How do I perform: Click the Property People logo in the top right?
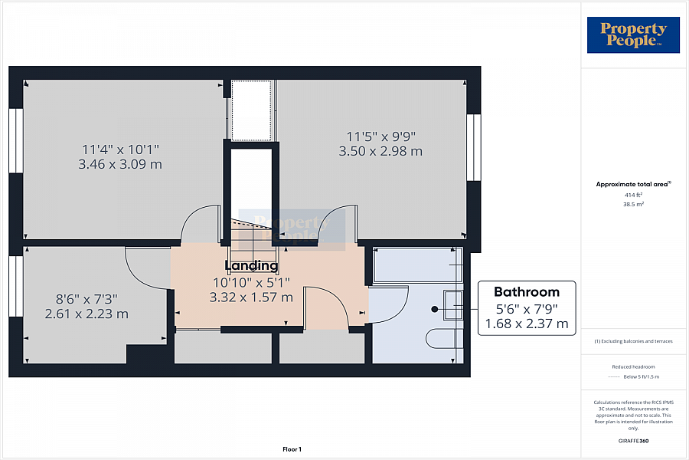tap(633, 35)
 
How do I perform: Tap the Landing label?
tap(251, 266)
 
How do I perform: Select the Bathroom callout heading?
tap(526, 292)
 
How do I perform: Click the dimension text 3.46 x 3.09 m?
tap(120, 164)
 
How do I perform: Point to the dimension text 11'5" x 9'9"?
tap(380, 136)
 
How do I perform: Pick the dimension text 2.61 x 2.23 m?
tap(87, 314)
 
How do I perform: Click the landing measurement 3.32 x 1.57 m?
tap(251, 297)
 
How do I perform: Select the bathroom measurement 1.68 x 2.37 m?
tap(526, 324)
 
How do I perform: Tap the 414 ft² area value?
tap(633, 195)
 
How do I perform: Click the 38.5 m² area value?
tap(633, 205)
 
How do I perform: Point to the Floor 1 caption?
tap(291, 449)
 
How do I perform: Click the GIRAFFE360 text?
tap(633, 441)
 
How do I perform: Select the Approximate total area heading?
tap(633, 184)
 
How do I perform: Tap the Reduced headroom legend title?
tap(633, 366)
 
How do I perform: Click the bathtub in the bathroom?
tap(413, 264)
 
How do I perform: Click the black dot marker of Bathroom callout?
tap(435, 309)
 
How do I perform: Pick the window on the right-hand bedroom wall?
tap(474, 147)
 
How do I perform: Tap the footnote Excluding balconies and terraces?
tap(633, 340)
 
